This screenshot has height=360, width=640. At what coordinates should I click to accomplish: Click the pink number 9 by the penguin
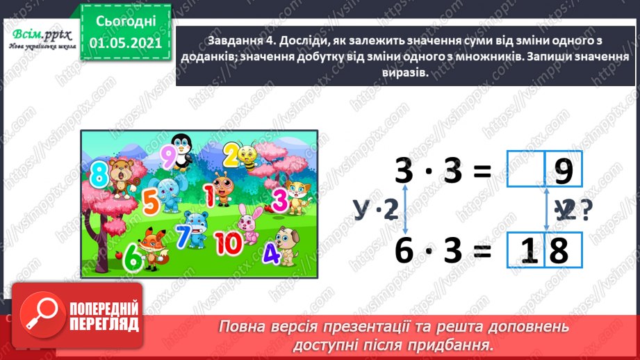pyautogui.click(x=166, y=156)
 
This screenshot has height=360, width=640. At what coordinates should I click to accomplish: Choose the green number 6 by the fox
pyautogui.click(x=132, y=259)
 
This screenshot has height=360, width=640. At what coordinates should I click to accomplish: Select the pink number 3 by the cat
pyautogui.click(x=278, y=200)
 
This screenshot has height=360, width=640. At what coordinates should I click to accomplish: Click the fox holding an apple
pyautogui.click(x=150, y=248)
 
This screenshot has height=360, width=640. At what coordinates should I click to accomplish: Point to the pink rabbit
pyautogui.click(x=247, y=224)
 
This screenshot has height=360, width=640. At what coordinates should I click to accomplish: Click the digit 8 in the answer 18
pyautogui.click(x=558, y=251)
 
